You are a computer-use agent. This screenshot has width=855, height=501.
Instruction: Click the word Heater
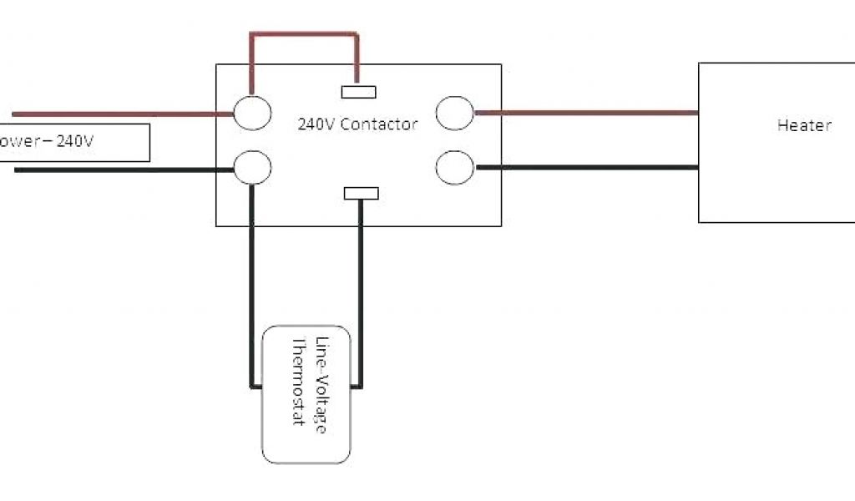pos(804,125)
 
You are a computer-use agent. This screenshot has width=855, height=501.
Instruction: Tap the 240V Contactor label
pos(357,124)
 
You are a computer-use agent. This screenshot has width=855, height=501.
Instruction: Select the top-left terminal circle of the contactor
pos(252,113)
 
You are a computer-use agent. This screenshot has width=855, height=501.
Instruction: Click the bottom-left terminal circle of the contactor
pos(252,166)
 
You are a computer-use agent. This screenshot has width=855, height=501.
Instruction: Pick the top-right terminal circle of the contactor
pos(455,113)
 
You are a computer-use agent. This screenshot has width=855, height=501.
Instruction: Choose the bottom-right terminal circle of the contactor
pos(455,166)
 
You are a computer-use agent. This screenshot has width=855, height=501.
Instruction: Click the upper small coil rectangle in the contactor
pos(359,92)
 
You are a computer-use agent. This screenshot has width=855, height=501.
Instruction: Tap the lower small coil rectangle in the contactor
pos(362,194)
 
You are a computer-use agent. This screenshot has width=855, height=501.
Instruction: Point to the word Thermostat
pos(298,381)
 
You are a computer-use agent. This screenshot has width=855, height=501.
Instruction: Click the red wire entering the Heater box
pos(584,112)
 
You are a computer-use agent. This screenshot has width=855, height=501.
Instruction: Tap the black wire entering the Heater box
pos(584,167)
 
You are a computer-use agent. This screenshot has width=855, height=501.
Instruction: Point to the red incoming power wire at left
pos(117,114)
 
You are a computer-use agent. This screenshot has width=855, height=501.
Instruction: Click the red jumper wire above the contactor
pos(305,35)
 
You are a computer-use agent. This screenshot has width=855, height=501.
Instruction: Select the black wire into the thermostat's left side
pos(250,284)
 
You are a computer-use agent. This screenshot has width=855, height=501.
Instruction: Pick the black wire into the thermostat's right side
pos(362,292)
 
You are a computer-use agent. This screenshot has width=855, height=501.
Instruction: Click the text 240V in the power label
pos(75,142)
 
